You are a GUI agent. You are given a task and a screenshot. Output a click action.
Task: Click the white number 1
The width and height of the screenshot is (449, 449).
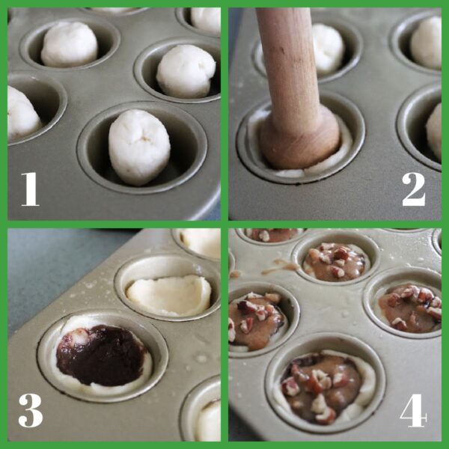pyautogui.click(x=29, y=188)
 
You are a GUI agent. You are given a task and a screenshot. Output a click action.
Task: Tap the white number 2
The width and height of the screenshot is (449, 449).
pyautogui.click(x=413, y=188)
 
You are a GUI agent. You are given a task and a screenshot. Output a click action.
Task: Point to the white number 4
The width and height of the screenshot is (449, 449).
pyautogui.click(x=414, y=409)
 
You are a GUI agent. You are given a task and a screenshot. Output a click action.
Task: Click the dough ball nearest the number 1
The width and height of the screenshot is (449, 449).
pyautogui.click(x=139, y=146)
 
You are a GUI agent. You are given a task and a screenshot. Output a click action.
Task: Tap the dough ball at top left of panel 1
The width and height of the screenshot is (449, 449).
pyautogui.click(x=70, y=44)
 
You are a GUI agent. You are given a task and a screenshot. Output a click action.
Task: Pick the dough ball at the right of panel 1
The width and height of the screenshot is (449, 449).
pyautogui.click(x=186, y=71)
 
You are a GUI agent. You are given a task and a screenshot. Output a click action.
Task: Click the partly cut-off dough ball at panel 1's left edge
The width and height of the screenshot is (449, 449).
pyautogui.click(x=21, y=112)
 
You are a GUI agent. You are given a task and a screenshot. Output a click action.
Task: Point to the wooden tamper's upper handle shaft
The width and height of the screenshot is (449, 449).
pyautogui.click(x=283, y=52)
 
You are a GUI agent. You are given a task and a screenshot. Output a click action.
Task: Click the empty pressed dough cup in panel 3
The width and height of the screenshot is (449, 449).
pyautogui.click(x=168, y=295)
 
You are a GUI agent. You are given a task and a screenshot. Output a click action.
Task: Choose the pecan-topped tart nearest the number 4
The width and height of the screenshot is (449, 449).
pyautogui.click(x=323, y=385)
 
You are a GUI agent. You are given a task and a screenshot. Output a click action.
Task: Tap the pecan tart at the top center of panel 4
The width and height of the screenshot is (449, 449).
pyautogui.click(x=336, y=262)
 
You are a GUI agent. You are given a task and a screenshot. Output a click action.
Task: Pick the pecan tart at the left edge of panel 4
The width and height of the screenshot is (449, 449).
pyautogui.click(x=254, y=317)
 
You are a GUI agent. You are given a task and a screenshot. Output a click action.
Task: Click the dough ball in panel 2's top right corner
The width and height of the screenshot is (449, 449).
pyautogui.click(x=426, y=42)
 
